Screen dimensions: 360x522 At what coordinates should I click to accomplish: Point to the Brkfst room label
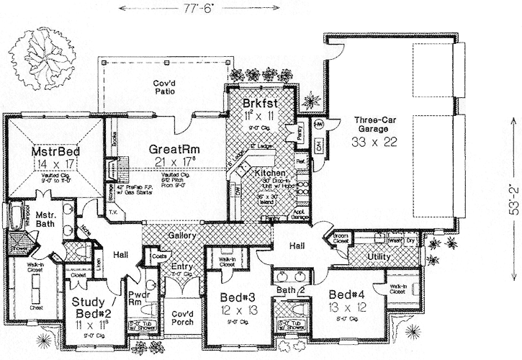(x=261, y=103)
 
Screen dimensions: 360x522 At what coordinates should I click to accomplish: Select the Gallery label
(x=183, y=236)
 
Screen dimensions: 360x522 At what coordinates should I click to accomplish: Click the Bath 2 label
(x=291, y=290)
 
